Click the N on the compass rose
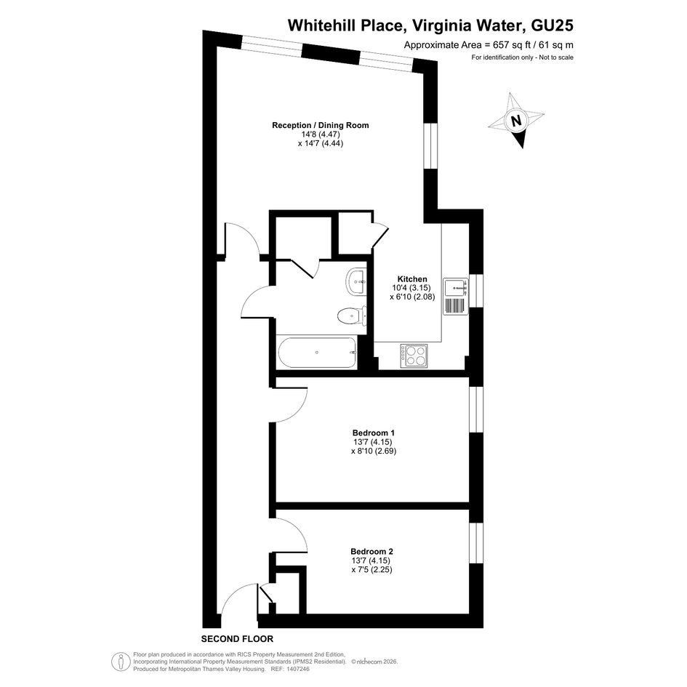517,121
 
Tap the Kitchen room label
412,279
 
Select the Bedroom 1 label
373,433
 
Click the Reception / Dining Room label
321,125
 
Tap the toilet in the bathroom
352,315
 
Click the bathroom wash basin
356,282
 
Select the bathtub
318,353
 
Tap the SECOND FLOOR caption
237,639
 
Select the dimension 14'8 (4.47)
321,134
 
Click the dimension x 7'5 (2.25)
371,569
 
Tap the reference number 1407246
297,669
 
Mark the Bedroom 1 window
476,410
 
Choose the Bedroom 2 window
476,543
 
